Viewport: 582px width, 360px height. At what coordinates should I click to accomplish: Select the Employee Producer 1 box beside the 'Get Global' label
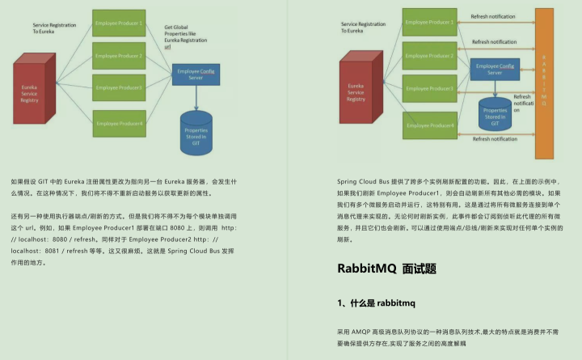click(x=120, y=23)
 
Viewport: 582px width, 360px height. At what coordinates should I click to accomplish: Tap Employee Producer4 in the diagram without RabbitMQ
click(x=120, y=123)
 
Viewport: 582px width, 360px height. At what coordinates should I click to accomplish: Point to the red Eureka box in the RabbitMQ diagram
click(x=356, y=93)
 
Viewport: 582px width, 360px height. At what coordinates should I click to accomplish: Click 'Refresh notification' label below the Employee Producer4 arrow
click(x=494, y=139)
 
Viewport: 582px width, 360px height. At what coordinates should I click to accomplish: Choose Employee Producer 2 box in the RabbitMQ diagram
click(x=429, y=56)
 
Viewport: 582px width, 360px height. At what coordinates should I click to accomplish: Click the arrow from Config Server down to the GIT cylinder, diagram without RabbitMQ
click(x=196, y=97)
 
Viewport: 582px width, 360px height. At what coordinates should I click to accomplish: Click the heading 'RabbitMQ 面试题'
click(x=386, y=269)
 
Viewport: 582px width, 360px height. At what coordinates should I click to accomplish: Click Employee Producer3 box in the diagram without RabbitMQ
click(x=120, y=87)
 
